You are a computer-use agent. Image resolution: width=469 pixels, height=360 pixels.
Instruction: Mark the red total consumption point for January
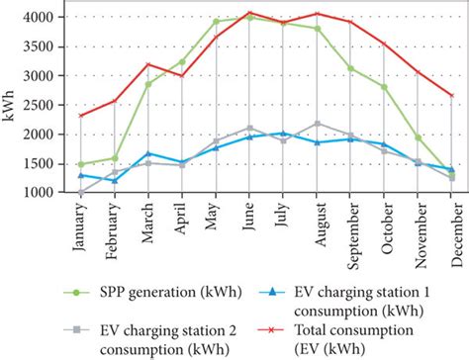click(80, 116)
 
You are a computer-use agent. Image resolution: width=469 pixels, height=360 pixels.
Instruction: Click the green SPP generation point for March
click(148, 84)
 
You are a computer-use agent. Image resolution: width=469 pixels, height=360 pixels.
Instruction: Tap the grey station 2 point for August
click(318, 123)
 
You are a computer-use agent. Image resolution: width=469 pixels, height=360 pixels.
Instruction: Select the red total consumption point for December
click(452, 96)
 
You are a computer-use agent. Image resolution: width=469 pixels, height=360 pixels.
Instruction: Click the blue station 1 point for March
click(148, 153)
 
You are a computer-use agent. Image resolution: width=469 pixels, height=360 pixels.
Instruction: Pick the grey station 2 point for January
click(80, 193)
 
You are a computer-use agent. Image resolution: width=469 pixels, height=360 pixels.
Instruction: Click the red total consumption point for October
click(385, 44)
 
